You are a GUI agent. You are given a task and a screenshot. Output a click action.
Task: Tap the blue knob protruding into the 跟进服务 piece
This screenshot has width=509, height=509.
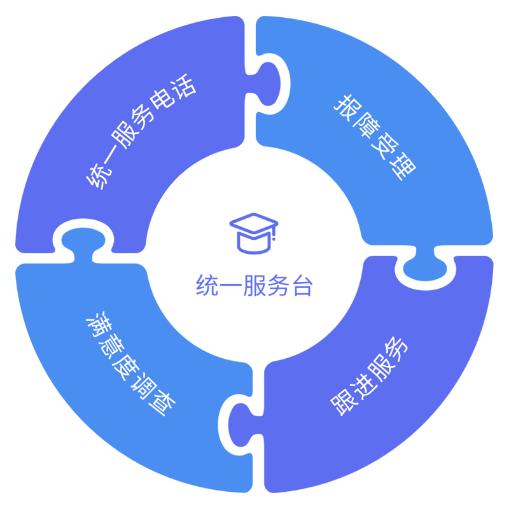click(x=425, y=270)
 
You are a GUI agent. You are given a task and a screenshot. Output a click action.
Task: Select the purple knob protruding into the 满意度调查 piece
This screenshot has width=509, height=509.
click(x=239, y=424)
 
